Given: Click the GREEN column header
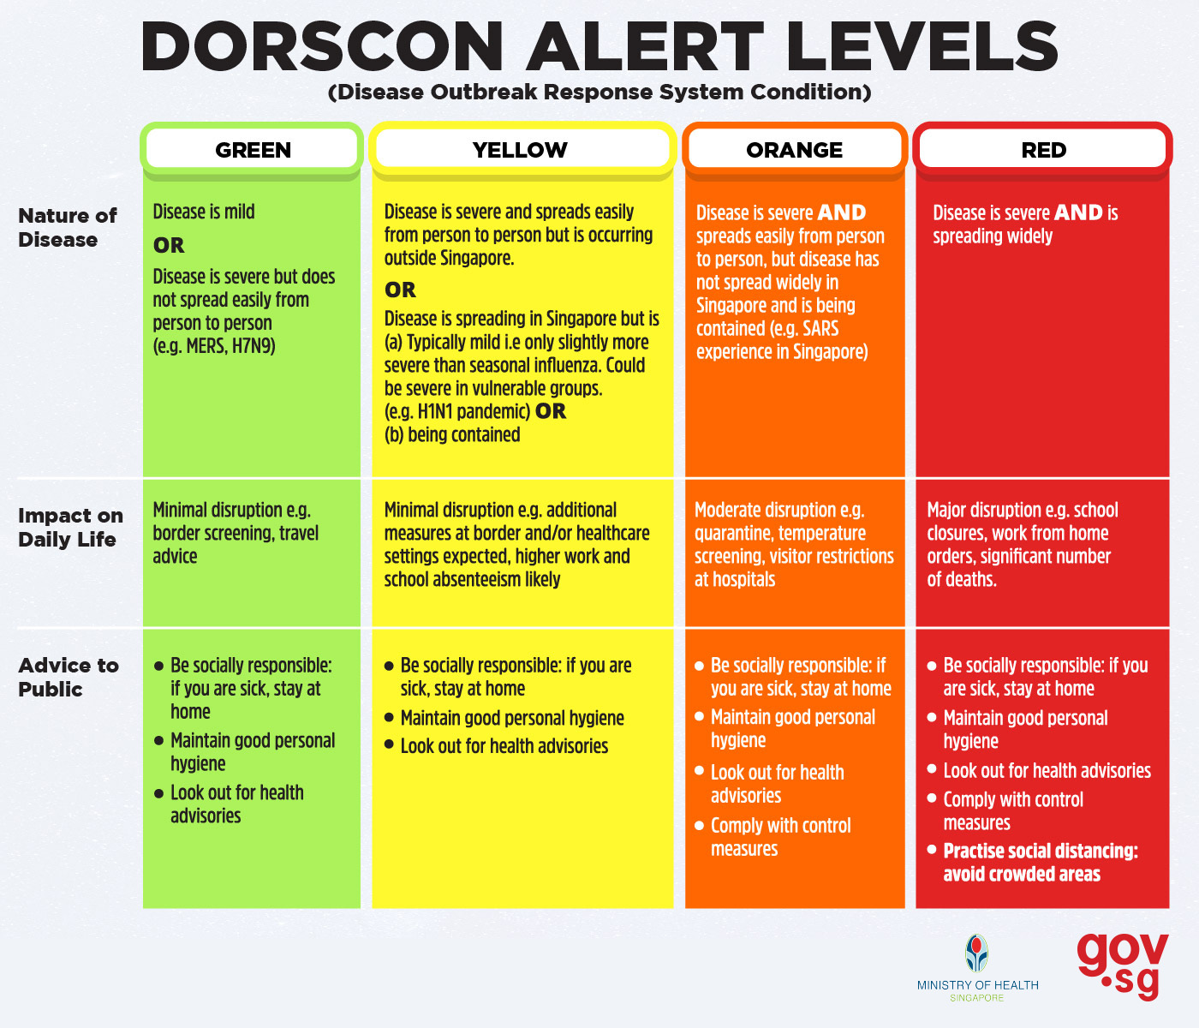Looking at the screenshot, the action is tap(253, 150).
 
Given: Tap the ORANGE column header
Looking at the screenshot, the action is tap(794, 150).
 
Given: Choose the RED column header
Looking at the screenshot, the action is tap(1043, 150).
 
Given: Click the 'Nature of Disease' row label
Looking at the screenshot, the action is tap(68, 227).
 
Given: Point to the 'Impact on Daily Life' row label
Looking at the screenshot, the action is tap(70, 527).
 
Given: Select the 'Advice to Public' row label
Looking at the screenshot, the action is tap(68, 677).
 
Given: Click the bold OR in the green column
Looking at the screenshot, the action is tap(169, 245).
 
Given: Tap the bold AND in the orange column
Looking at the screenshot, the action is tap(842, 212).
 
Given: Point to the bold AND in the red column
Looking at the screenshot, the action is tap(1078, 212).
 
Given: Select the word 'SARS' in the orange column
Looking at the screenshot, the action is tap(820, 329).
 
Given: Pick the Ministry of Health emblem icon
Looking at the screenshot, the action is tap(977, 953).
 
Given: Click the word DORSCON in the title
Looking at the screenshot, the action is tap(322, 47).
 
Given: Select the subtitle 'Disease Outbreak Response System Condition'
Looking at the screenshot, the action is tap(599, 93).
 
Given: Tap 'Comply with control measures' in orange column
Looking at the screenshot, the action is tap(781, 837).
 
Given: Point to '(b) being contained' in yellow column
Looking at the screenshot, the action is tap(452, 434).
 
